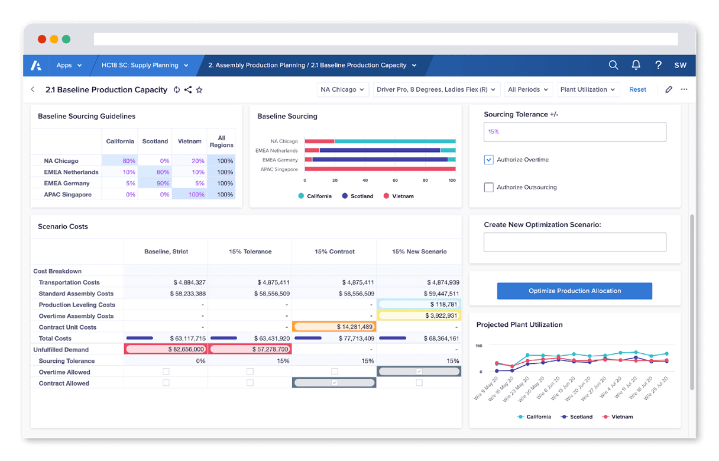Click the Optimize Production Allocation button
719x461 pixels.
(x=574, y=291)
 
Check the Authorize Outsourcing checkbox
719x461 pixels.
(x=489, y=188)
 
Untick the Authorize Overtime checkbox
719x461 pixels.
(x=489, y=160)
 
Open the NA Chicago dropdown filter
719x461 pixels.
(x=343, y=89)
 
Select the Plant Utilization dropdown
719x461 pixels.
(x=587, y=89)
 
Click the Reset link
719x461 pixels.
(x=637, y=89)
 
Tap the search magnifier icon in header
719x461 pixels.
(x=613, y=65)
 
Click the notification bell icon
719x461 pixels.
(x=636, y=65)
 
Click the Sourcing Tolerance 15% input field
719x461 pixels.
(x=574, y=131)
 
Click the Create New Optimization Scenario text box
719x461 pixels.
(x=574, y=242)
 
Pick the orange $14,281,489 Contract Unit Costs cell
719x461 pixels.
(x=334, y=327)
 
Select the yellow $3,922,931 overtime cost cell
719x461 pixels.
(x=419, y=316)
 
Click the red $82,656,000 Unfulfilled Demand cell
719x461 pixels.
(x=166, y=350)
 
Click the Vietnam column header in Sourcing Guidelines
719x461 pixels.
(x=189, y=141)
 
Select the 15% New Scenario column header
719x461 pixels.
(x=419, y=252)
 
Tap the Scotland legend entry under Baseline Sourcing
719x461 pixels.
(x=358, y=196)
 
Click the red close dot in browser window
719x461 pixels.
(x=42, y=39)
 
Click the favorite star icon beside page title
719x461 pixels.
(x=199, y=90)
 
